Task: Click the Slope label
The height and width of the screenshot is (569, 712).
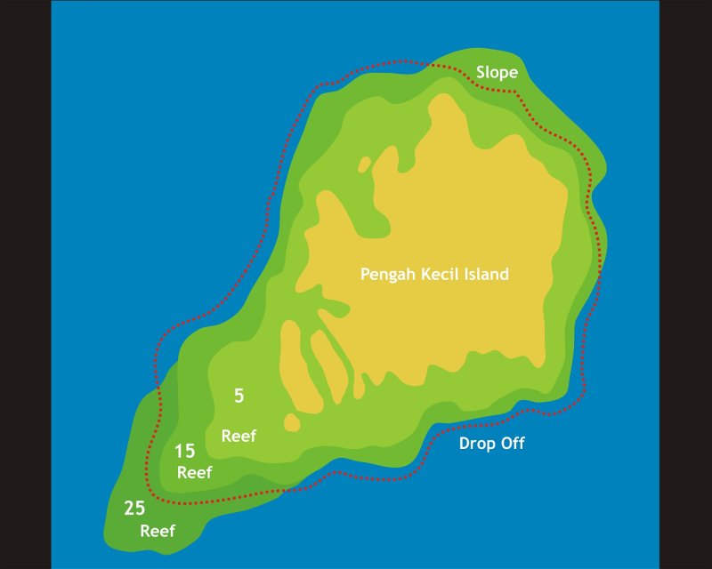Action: [497, 73]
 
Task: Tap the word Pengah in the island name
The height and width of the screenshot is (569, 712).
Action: [388, 275]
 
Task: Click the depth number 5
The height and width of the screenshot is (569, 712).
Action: [239, 397]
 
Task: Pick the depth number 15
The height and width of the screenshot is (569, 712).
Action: [185, 451]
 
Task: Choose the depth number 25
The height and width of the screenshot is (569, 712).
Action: [134, 509]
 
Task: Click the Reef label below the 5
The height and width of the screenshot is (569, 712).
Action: [239, 436]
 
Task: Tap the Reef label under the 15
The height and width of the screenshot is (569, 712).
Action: [194, 473]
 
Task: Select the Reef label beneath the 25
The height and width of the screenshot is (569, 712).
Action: [158, 532]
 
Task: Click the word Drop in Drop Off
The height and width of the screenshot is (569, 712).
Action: [478, 444]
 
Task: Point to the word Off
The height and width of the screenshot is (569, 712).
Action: [514, 444]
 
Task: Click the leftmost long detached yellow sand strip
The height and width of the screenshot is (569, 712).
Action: [291, 365]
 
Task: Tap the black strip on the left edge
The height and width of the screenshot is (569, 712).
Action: [25, 284]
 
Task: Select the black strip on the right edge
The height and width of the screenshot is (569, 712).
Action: [685, 284]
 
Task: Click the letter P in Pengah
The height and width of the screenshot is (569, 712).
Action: [365, 274]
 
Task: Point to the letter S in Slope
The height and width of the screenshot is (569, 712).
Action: [481, 73]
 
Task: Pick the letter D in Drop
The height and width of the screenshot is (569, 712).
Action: [465, 444]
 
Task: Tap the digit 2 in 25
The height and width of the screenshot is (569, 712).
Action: [129, 509]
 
